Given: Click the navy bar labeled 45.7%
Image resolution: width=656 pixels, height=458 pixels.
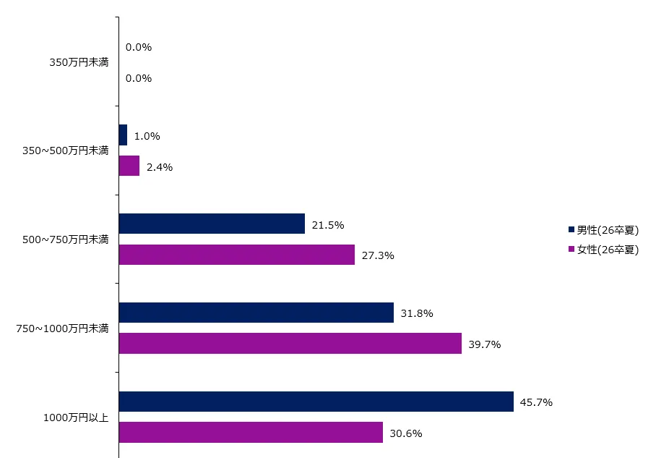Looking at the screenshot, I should [x=316, y=402].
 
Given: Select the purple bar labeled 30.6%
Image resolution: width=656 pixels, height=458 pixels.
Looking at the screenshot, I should [x=251, y=433].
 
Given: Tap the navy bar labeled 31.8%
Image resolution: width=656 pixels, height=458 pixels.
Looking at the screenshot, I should [x=256, y=313].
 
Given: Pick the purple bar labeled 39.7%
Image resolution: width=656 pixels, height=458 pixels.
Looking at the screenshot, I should [x=290, y=344].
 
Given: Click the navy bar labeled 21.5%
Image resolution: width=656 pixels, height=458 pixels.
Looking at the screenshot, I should [x=212, y=224].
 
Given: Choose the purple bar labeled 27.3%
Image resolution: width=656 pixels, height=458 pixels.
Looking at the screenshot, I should [x=236, y=255].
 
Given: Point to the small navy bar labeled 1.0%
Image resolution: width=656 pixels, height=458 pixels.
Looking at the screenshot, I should [x=123, y=135].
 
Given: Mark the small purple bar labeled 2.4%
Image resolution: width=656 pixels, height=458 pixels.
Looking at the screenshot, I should [x=129, y=166].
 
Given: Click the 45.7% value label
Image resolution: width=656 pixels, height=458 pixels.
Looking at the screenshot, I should [x=536, y=402].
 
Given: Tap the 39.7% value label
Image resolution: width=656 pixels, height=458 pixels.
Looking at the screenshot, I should [x=484, y=344].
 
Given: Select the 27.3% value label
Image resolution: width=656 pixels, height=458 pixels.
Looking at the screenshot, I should [x=377, y=255].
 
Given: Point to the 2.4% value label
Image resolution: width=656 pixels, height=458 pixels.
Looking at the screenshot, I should [x=160, y=167].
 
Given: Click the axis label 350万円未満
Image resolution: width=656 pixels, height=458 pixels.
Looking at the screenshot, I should [x=79, y=63].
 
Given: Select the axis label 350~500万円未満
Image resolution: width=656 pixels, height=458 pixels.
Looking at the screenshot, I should [x=66, y=150].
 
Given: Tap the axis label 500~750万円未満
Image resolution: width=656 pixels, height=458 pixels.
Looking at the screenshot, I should [x=66, y=239].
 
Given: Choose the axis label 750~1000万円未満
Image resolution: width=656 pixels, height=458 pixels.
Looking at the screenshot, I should [x=63, y=328].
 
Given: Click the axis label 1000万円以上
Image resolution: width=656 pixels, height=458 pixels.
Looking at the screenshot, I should [x=76, y=417].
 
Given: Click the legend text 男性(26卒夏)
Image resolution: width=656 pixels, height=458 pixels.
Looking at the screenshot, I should [x=608, y=231].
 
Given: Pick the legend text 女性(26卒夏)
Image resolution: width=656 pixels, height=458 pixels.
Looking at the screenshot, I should [x=608, y=250].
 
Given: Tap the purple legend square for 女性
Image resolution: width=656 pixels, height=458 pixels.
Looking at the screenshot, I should [x=571, y=249].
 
